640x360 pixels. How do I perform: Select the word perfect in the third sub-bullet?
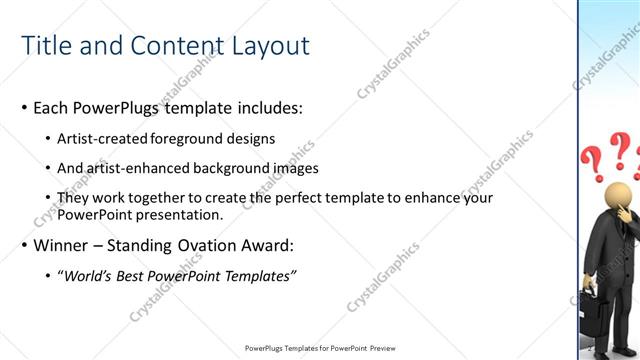pyautogui.click(x=272, y=198)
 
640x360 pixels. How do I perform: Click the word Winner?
pyautogui.click(x=62, y=245)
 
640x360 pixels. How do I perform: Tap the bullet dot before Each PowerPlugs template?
pyautogui.click(x=24, y=108)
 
